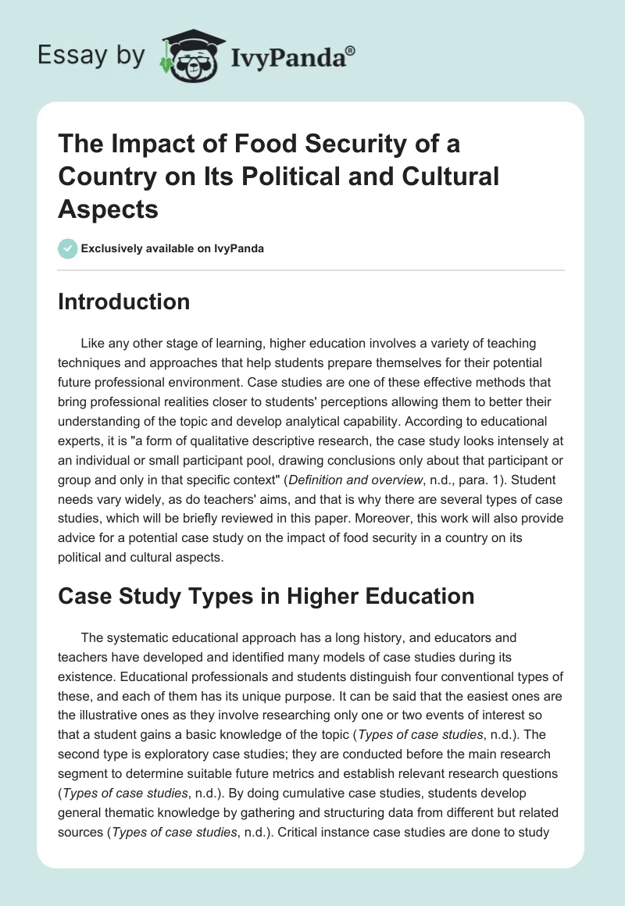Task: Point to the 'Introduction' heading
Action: (123, 301)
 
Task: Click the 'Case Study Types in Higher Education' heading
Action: (266, 596)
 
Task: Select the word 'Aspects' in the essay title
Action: (109, 209)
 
